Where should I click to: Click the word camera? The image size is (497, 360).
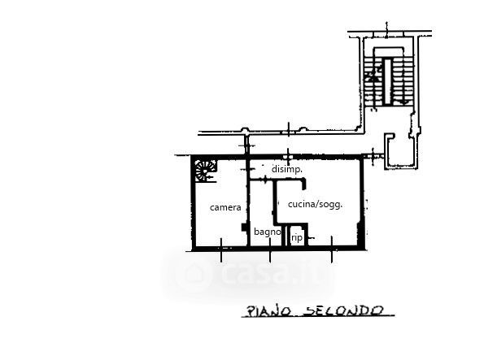(x=225, y=207)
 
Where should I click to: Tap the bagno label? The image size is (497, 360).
(x=267, y=232)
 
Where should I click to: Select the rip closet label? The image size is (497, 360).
(x=297, y=237)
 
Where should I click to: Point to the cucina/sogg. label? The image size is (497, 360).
(x=315, y=204)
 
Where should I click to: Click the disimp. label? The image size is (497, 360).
(x=286, y=168)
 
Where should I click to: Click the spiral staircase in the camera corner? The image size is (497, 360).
(x=203, y=171)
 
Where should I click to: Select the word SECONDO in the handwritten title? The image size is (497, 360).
(x=340, y=310)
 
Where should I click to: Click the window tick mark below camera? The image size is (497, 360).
(x=221, y=250)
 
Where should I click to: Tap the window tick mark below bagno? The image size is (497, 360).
(x=269, y=250)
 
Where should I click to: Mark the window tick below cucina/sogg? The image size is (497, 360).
(x=332, y=250)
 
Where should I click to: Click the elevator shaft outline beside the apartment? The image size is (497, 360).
(x=399, y=150)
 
